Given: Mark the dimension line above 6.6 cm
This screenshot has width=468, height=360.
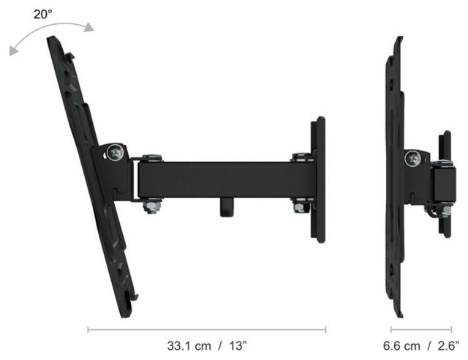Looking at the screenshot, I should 420,330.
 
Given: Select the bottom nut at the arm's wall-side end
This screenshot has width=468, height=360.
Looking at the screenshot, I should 300,207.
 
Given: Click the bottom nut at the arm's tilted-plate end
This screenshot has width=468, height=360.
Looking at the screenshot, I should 150,207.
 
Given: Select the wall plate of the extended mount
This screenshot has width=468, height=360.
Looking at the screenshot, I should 318,179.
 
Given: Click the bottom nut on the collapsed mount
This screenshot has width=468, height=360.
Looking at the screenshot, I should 444,211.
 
